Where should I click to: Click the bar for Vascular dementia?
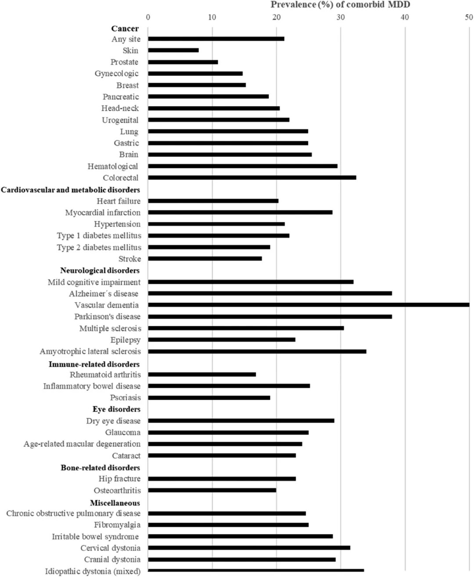309,305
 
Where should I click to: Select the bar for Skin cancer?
173,50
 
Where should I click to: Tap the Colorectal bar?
252,178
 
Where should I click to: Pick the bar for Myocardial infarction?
240,212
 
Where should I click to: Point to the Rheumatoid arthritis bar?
202,375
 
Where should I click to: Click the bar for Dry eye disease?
241,421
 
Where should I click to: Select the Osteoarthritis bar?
212,490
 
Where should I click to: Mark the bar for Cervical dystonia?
249,548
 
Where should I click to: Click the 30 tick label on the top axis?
341,17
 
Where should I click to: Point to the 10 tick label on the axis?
212,17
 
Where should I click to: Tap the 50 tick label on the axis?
469,17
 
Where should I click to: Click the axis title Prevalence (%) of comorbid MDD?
340,5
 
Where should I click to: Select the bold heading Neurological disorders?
100,271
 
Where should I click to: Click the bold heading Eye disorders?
116,409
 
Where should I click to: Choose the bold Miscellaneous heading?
115,503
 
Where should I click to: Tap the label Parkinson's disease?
107,317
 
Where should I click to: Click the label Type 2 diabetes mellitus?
99,247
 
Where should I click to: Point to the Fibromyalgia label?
117,525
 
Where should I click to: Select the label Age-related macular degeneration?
82,444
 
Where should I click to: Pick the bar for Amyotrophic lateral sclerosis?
257,351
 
